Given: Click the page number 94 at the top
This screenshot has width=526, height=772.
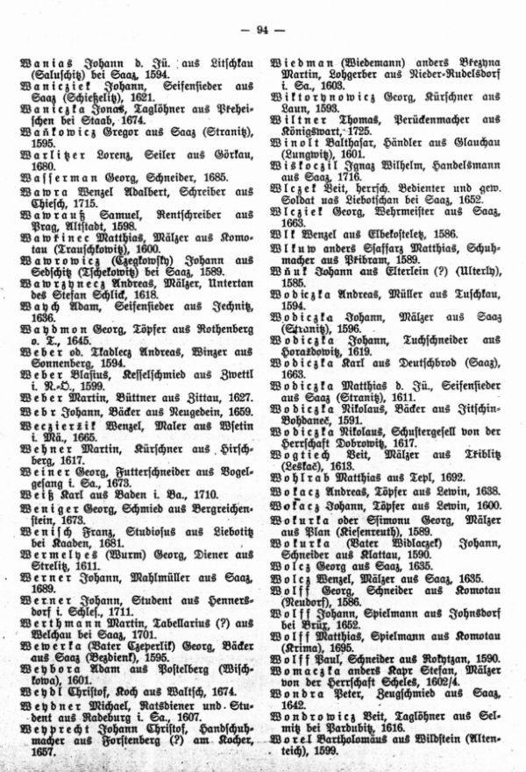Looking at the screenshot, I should click(262, 32).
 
